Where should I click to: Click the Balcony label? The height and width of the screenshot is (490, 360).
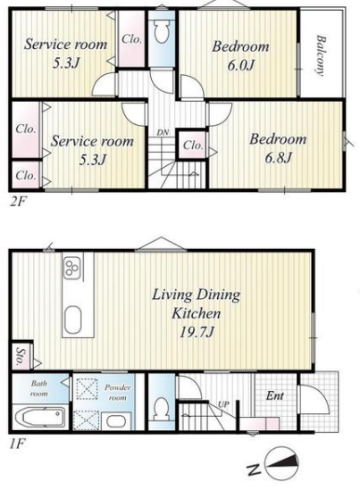[322, 55]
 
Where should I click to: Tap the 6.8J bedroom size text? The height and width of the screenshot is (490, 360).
[278, 158]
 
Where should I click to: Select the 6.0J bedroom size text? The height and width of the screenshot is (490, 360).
[240, 65]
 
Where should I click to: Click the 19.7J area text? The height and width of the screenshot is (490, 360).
[197, 332]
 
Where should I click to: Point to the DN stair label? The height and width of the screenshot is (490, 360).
[163, 132]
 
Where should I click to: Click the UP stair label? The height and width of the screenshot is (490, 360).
[223, 404]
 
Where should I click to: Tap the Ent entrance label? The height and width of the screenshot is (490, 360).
[274, 396]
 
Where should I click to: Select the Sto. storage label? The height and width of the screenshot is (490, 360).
[21, 356]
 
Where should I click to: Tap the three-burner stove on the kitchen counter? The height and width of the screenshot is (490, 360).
[72, 268]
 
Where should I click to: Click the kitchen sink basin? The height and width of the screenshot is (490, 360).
[73, 320]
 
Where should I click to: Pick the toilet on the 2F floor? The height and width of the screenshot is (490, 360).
[162, 30]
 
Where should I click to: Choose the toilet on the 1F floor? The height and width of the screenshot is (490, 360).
[162, 409]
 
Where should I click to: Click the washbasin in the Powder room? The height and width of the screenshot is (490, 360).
[116, 421]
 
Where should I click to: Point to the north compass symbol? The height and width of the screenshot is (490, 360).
[281, 463]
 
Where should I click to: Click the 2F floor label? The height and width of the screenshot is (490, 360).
[18, 203]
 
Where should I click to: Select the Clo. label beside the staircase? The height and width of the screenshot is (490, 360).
[193, 145]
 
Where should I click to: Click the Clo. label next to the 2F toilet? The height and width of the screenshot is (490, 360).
[131, 39]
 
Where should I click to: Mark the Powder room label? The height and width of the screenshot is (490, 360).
[117, 393]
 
